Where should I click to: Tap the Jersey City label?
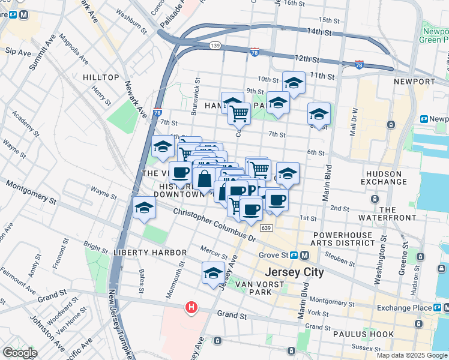tap(294, 272)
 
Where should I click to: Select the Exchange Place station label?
tap(405, 308)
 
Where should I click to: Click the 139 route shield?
tap(215, 45)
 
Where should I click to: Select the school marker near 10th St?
tap(294, 83)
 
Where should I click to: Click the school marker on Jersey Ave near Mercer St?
tap(213, 273)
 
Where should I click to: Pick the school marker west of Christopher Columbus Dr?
tap(145, 208)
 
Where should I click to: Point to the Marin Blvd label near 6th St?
tap(328, 183)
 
